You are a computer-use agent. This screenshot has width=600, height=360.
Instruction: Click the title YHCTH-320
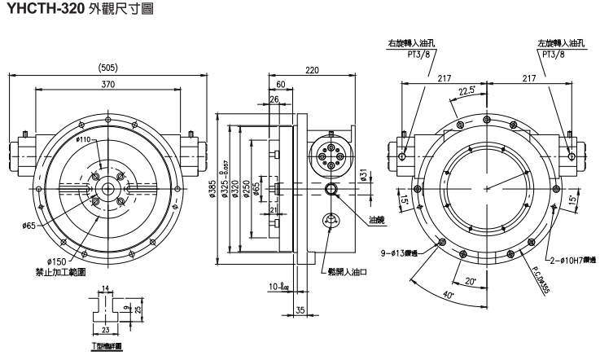(46, 10)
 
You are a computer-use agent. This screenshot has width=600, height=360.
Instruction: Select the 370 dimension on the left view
(107, 84)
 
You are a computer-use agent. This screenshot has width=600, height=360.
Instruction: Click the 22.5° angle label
(468, 90)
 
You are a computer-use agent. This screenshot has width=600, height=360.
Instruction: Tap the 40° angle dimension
(447, 295)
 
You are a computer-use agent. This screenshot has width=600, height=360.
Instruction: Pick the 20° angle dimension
(470, 281)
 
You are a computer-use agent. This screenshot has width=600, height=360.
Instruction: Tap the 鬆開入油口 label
(347, 271)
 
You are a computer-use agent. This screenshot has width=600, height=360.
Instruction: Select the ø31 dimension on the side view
(364, 176)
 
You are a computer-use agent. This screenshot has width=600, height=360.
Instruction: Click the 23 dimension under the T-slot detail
(106, 329)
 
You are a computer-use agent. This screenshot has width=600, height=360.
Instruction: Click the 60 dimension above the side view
(280, 84)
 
